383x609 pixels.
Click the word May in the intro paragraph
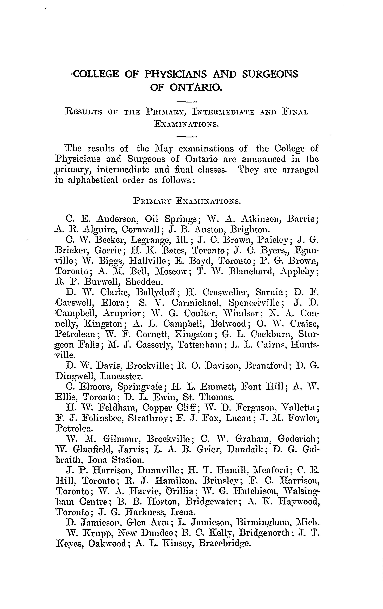[164, 148]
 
